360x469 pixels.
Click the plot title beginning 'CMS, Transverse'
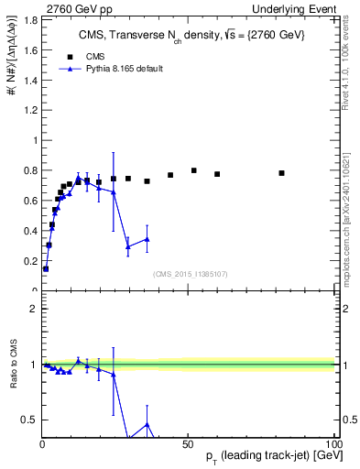pos(191,34)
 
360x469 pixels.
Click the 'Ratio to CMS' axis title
pos(14,365)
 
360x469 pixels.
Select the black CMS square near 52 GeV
pos(194,170)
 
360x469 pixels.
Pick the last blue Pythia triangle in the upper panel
pos(147,239)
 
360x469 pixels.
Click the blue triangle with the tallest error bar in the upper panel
pos(114,191)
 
